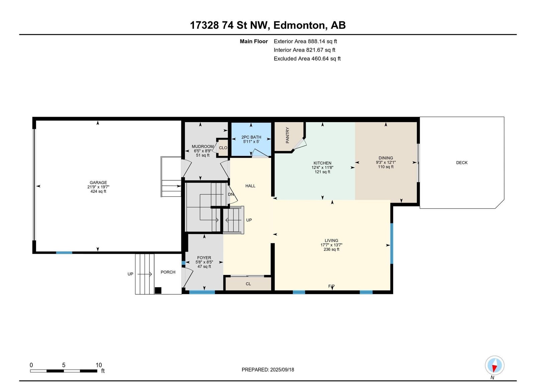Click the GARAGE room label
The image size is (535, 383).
tap(98, 183)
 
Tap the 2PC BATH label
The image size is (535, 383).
tap(251, 137)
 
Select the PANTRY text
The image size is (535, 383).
tap(288, 135)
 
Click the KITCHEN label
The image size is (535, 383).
tap(322, 163)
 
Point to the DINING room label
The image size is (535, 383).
tap(386, 158)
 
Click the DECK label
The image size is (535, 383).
tap(462, 163)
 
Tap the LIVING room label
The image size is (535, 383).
tap(331, 241)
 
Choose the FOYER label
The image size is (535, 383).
tap(204, 258)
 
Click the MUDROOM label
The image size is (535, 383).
tap(203, 147)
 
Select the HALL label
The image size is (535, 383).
tap(250, 186)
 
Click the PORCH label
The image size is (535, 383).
tap(168, 272)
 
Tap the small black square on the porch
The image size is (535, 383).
tap(158, 290)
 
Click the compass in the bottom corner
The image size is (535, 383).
tap(495, 365)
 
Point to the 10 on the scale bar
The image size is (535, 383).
tap(99, 365)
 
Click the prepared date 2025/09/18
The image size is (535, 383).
tap(282, 370)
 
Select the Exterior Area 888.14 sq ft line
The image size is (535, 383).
tap(305, 41)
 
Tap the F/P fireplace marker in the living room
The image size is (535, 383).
tap(331, 286)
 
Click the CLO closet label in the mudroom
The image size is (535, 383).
tap(223, 148)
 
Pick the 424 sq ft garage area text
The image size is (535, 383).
tap(98, 191)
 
